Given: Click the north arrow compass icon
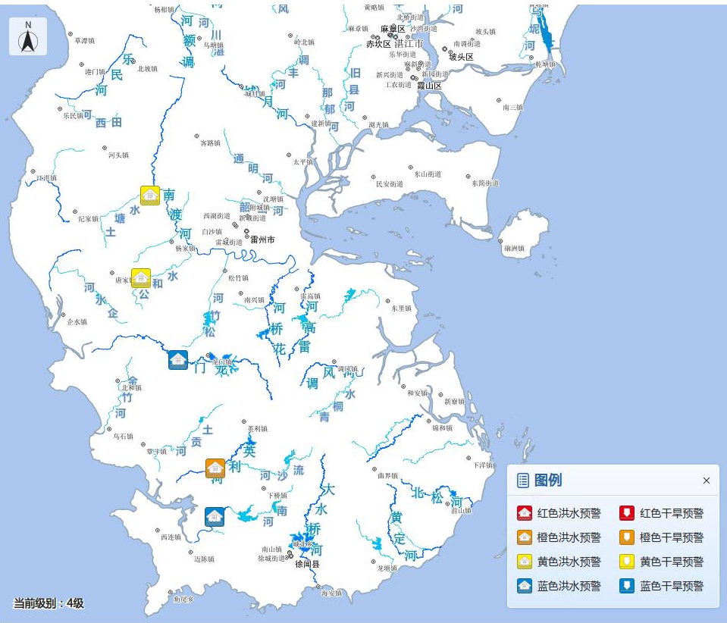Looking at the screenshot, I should pyautogui.click(x=28, y=36).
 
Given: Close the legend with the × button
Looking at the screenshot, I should pyautogui.click(x=707, y=481).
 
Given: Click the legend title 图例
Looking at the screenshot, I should pyautogui.click(x=548, y=480).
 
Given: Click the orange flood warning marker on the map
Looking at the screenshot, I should pyautogui.click(x=215, y=468).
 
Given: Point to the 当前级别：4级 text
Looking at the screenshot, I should pyautogui.click(x=49, y=603).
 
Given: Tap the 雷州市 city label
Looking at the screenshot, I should pyautogui.click(x=262, y=239).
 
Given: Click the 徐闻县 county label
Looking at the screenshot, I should pyautogui.click(x=307, y=564).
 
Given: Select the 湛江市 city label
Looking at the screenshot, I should pyautogui.click(x=409, y=44).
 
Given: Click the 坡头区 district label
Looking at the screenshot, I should pyautogui.click(x=461, y=57).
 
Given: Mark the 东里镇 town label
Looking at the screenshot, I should pyautogui.click(x=401, y=308).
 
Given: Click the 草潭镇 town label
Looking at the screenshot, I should pyautogui.click(x=83, y=40).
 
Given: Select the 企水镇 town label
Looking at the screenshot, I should pyautogui.click(x=77, y=321).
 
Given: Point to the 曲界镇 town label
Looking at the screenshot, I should pyautogui.click(x=387, y=475).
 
